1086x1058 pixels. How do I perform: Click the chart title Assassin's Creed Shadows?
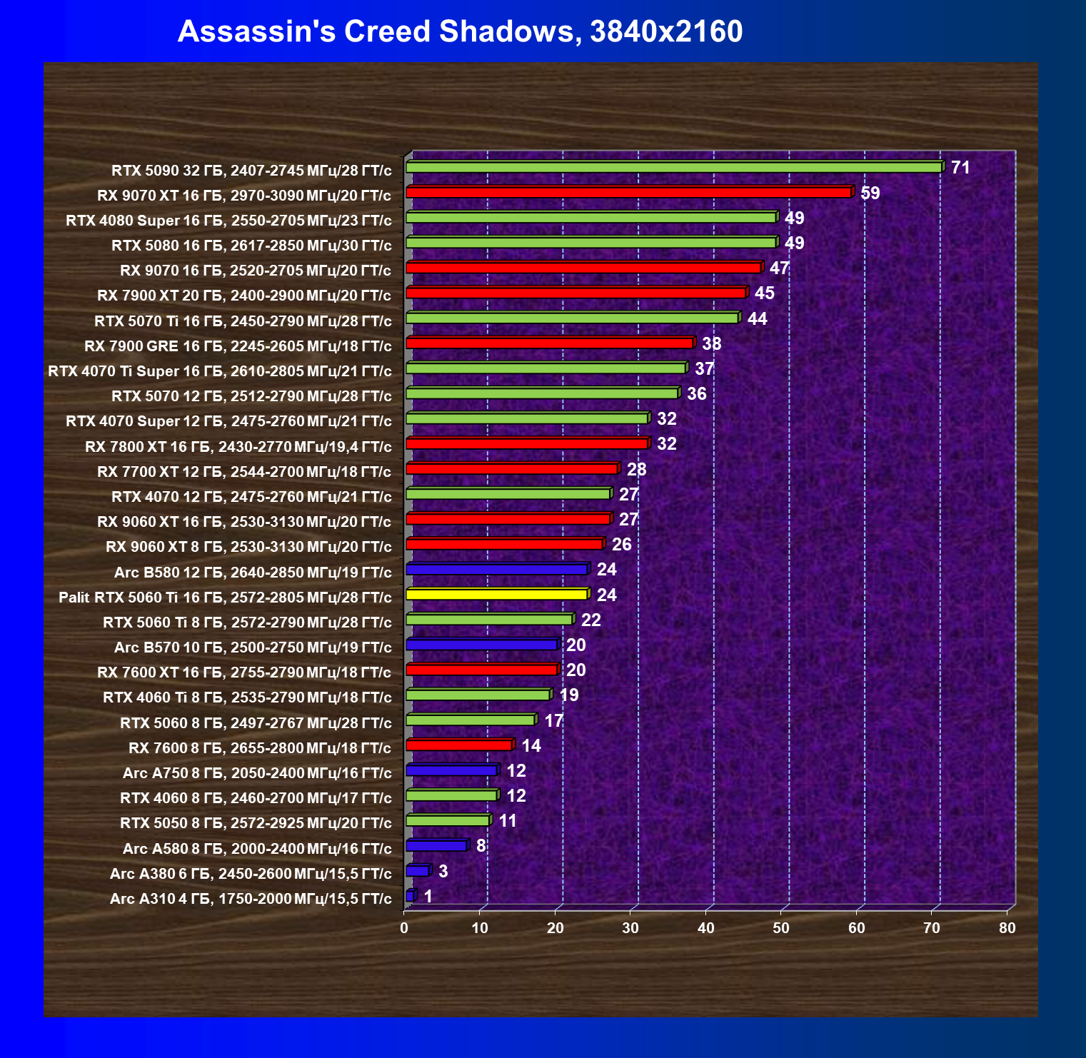460,31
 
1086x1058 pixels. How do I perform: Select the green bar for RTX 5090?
673,167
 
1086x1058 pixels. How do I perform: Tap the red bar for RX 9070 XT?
628,192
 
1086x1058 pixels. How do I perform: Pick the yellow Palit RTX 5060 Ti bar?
496,594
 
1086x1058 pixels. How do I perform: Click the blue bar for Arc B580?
496,569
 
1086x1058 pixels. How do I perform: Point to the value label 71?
960,168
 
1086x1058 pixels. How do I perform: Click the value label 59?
870,193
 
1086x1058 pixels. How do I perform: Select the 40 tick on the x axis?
705,928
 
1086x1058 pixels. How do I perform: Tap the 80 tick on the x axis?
1007,928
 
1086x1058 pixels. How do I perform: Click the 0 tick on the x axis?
405,928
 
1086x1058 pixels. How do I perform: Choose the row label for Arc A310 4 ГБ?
251,899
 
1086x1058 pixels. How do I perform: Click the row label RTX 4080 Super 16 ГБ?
228,221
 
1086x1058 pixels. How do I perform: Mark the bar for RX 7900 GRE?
549,343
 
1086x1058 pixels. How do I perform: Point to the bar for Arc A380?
417,871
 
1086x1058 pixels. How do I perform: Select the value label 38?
711,344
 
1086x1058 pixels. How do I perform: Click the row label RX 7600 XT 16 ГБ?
244,672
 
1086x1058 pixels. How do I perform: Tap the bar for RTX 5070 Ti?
572,318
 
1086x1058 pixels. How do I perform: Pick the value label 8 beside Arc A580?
481,846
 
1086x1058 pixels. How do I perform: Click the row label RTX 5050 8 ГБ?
256,823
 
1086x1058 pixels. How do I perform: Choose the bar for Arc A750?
451,770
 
